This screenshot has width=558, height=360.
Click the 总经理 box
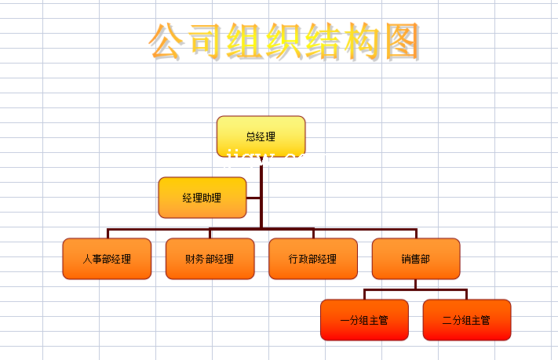point(261,136)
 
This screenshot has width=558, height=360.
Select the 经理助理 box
point(202,198)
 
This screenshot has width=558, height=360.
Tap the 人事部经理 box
point(107,259)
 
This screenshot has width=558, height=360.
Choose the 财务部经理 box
point(210,259)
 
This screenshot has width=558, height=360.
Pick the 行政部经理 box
point(312,259)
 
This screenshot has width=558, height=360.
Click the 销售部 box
point(415,259)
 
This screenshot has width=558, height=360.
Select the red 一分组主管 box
point(364,320)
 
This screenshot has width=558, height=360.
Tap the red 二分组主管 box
point(466,320)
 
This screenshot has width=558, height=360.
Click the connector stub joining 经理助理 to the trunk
point(253,198)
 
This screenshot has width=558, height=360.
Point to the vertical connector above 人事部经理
point(108,233)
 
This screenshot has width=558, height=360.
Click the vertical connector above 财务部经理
point(210,233)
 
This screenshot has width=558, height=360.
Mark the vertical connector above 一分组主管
point(364,294)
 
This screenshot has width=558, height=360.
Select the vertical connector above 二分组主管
point(466,294)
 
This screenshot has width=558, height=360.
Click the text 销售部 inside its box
point(415,259)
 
